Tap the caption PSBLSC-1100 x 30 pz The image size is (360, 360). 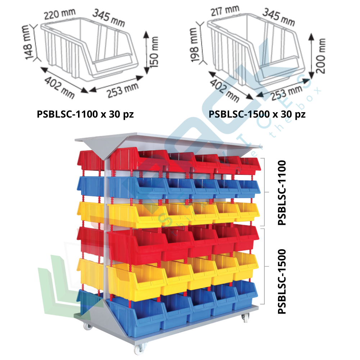point(86,114)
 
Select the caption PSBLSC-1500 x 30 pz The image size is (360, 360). point(257,114)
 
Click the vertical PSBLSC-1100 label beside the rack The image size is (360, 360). point(282,193)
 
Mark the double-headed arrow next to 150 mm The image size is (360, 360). point(146,52)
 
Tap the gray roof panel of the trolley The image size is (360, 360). point(169,140)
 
